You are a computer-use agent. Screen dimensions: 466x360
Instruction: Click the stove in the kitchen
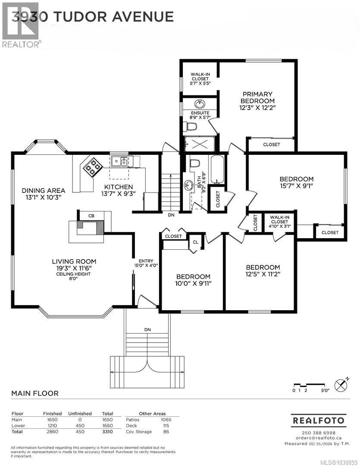93,167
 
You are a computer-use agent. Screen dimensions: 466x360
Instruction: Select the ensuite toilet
190,126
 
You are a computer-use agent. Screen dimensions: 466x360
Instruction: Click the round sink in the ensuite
200,104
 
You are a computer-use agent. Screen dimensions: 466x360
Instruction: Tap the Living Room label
74,261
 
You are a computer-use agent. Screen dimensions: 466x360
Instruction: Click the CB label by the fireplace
91,216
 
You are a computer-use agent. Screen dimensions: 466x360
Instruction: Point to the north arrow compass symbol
341,384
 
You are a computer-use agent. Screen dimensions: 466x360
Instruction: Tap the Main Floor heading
34,394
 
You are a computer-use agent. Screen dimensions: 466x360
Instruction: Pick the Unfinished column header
80,413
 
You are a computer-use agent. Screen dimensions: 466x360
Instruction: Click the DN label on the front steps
148,330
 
